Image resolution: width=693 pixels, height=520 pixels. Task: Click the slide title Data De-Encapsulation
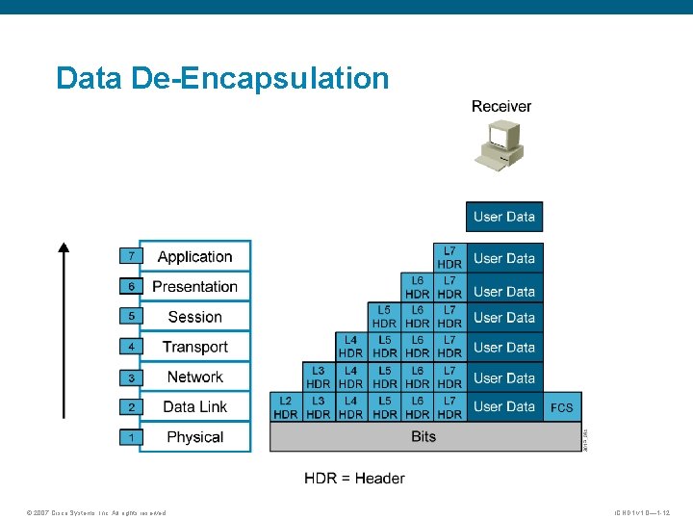click(222, 78)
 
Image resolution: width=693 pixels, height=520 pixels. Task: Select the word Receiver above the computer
click(500, 106)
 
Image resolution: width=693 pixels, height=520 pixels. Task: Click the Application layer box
click(194, 256)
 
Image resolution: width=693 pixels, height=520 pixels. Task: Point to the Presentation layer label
click(194, 287)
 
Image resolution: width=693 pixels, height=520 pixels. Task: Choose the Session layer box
click(194, 317)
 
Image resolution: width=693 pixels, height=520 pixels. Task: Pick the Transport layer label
click(194, 347)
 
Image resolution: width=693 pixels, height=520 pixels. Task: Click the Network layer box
click(194, 377)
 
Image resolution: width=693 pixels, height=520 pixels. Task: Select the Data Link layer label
click(194, 406)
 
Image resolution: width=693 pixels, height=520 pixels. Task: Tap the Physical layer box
click(194, 437)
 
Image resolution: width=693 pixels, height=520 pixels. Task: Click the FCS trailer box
click(562, 407)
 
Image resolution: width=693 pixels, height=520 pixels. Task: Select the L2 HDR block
click(286, 407)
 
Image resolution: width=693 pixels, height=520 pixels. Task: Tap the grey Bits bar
click(423, 437)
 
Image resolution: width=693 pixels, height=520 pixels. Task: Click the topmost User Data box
click(504, 217)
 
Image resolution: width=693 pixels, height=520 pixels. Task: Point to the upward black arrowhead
click(64, 247)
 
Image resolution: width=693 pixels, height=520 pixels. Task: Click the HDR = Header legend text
click(354, 478)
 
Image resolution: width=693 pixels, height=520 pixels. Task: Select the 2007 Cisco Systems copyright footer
click(96, 512)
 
